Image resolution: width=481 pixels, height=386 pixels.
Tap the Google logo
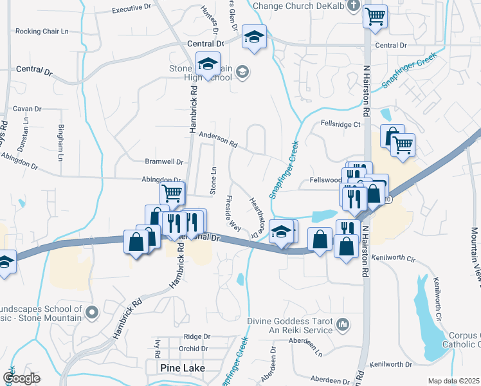point(22,378)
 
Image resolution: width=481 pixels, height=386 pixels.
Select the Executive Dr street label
point(134,10)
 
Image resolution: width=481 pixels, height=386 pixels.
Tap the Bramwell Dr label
point(163,162)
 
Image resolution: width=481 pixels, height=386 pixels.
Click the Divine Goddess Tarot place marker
point(343,323)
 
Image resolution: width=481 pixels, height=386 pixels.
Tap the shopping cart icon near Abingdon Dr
point(172,192)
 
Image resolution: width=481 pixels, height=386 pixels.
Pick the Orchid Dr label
point(194,349)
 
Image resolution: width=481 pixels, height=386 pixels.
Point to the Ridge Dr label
point(197,336)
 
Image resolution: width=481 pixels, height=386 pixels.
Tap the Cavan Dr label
point(27,109)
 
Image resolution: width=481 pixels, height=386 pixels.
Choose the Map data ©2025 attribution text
point(453,381)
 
